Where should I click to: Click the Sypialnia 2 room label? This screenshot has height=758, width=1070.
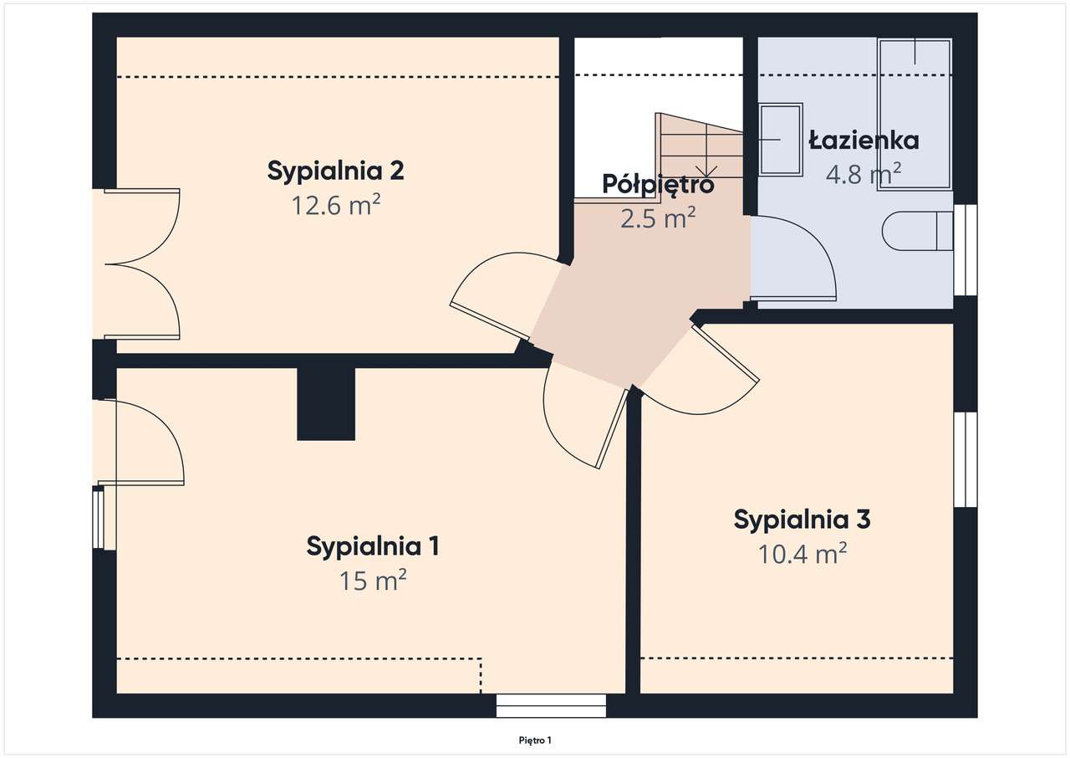click(x=335, y=172)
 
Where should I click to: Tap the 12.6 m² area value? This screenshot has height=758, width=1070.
click(x=336, y=205)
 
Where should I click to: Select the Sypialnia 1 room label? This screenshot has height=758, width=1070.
click(x=373, y=546)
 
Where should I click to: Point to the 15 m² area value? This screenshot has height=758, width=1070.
click(x=373, y=580)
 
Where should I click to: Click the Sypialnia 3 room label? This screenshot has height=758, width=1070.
click(x=802, y=520)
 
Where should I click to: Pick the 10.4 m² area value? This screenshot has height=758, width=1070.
click(x=802, y=554)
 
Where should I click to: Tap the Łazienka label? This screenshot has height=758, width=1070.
click(x=864, y=141)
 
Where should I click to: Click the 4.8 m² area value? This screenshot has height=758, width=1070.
click(x=864, y=173)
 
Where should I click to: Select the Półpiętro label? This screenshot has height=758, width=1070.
click(x=658, y=185)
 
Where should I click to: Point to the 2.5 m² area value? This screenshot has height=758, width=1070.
click(x=658, y=218)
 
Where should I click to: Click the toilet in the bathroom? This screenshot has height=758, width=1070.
click(x=917, y=231)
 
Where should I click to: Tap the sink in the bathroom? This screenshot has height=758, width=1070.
click(x=781, y=139)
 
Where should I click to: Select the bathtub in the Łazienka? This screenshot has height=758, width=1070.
click(x=915, y=115)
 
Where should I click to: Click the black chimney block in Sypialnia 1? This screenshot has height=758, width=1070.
click(x=326, y=404)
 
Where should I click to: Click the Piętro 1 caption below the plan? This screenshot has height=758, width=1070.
click(x=535, y=740)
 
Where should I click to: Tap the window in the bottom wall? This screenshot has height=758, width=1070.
click(x=551, y=705)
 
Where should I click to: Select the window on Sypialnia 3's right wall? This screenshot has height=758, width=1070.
click(x=966, y=459)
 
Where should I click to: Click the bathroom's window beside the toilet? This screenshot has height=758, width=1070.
click(x=966, y=250)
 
